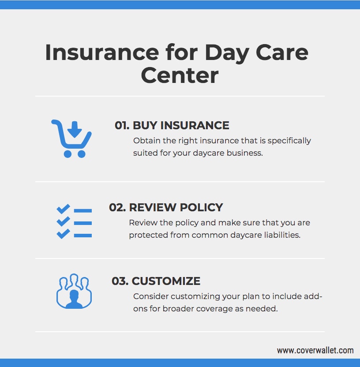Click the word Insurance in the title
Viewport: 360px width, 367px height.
pos(102,52)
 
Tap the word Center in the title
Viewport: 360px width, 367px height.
pos(180,75)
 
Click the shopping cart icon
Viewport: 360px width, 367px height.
pos(71,139)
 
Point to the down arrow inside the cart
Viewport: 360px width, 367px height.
pos(75,129)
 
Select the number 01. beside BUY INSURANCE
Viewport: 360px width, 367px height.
pos(122,125)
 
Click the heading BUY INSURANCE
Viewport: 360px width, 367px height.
pos(181,125)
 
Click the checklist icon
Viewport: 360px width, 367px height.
pos(74,221)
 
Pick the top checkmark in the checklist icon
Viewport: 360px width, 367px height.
pos(63,209)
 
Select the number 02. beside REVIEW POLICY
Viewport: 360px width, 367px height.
pos(117,207)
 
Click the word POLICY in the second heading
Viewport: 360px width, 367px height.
pos(201,207)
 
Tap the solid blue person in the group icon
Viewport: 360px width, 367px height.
pos(74,299)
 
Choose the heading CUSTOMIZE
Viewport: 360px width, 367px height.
pos(166,281)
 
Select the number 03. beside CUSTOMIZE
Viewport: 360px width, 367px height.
pos(120,281)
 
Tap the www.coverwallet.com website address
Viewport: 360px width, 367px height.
pos(315,350)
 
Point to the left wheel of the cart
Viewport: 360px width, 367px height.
pos(67,154)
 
